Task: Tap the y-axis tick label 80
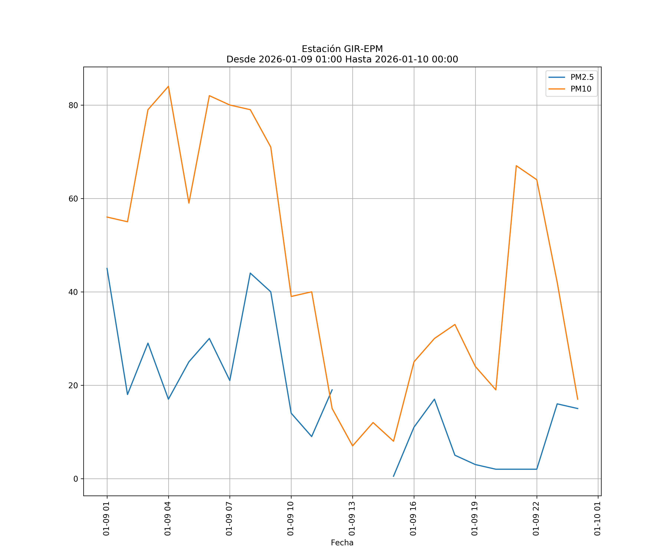pos(73,105)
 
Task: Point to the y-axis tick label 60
pos(73,199)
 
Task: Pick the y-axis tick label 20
pos(73,385)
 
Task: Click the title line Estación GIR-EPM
pos(342,49)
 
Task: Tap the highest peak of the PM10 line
pos(168,86)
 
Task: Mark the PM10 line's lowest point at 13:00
pos(352,446)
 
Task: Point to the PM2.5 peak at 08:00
pos(250,273)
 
